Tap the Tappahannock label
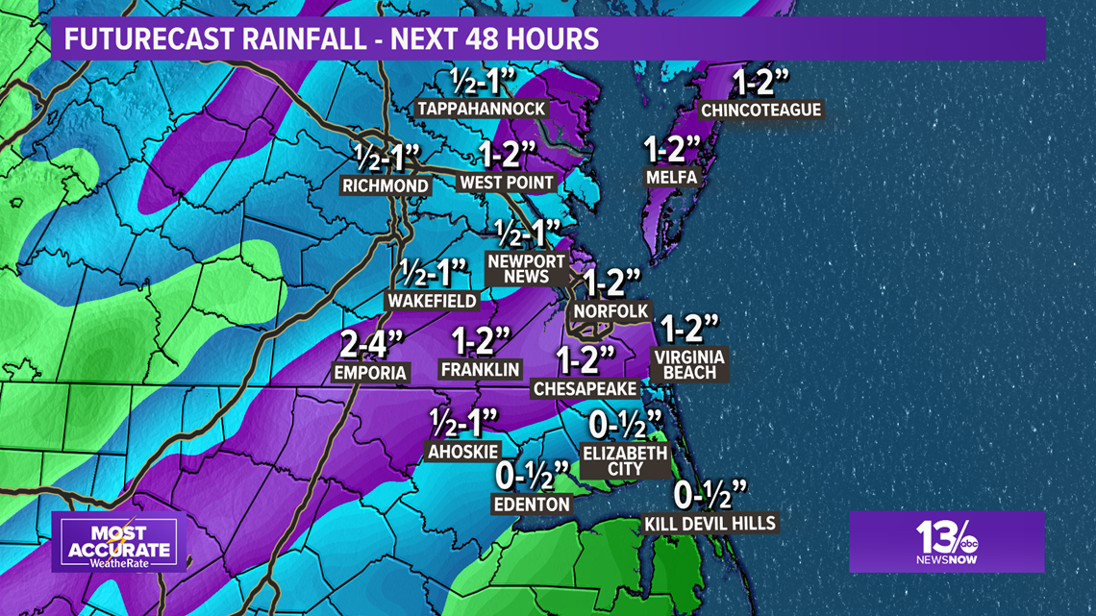[x=482, y=109]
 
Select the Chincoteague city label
[x=761, y=110]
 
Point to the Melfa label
[x=671, y=177]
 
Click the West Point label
[x=507, y=183]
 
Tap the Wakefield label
[x=432, y=301]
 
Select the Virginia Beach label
[x=689, y=364]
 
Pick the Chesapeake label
[x=585, y=388]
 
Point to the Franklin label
[x=480, y=369]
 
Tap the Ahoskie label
[x=462, y=451]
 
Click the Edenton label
[x=533, y=504]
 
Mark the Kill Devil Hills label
[x=710, y=524]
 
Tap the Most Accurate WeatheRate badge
[x=119, y=545]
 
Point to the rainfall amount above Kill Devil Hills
[x=710, y=495]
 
